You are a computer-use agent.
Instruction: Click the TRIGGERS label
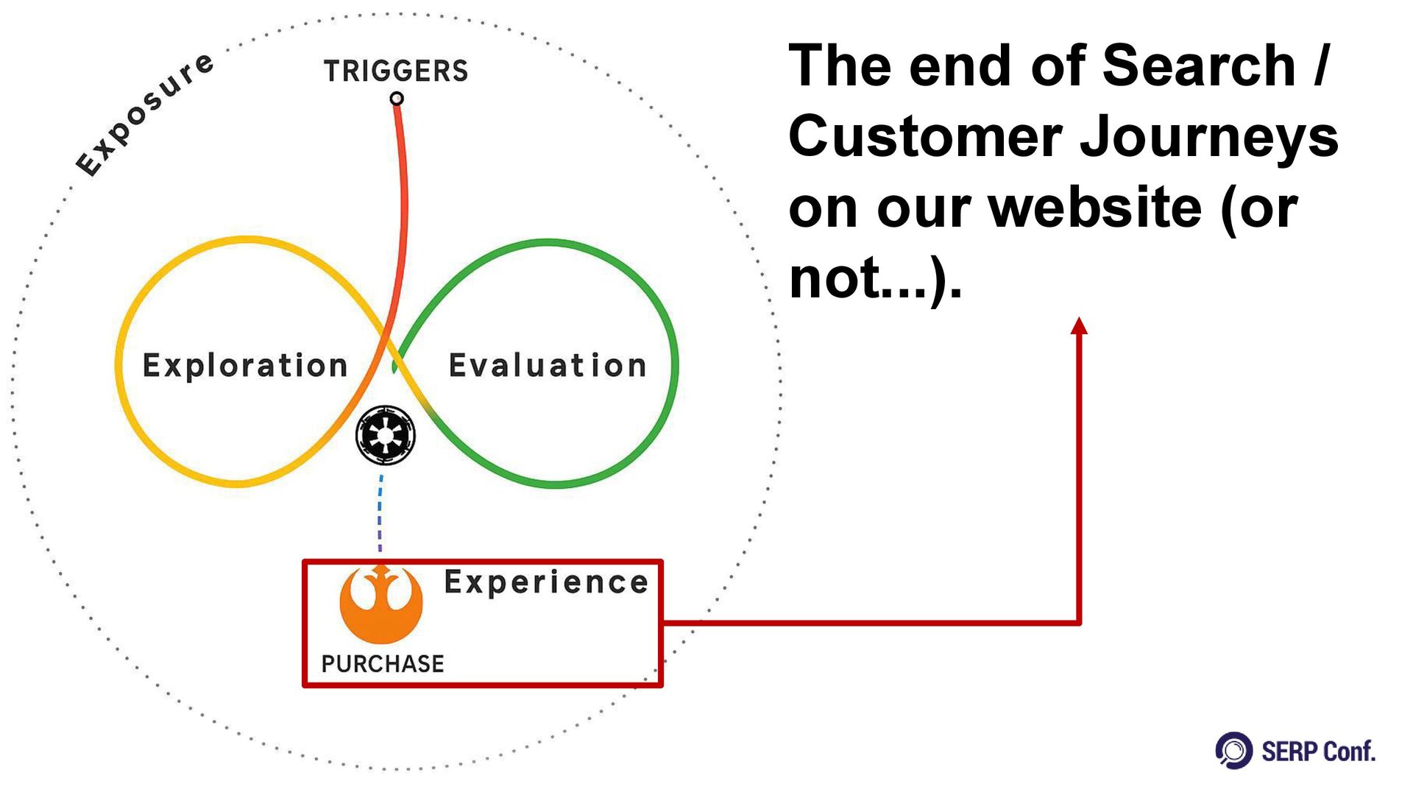click(396, 71)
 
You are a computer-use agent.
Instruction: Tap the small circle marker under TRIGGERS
click(397, 99)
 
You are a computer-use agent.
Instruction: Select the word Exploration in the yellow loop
click(245, 366)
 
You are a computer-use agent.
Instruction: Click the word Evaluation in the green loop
click(548, 366)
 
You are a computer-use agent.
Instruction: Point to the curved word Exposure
click(145, 115)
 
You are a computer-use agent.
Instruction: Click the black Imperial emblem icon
click(385, 435)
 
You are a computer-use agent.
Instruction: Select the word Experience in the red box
click(546, 582)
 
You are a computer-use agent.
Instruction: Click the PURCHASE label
click(383, 664)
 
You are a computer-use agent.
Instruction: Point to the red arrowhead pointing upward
click(1079, 326)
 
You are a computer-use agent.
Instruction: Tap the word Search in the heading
click(1199, 66)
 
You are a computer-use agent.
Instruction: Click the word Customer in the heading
click(924, 137)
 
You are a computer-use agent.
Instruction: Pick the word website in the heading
click(1095, 208)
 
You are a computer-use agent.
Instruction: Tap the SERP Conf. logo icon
click(1234, 751)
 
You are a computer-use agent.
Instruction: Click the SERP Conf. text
click(1318, 752)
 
